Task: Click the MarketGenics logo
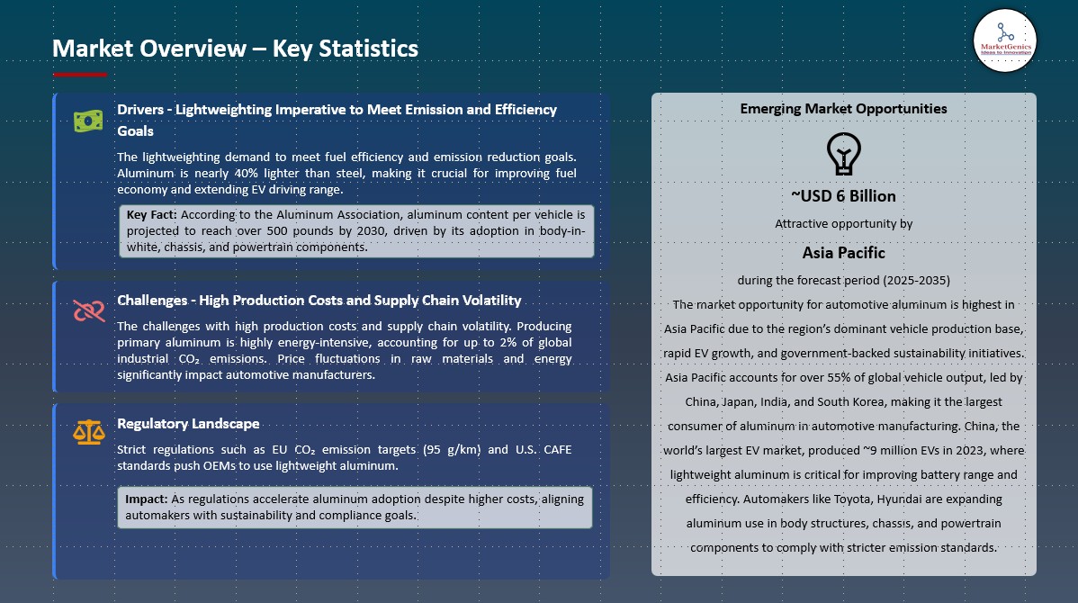pos(1004,40)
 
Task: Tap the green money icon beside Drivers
pos(88,121)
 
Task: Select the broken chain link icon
pos(89,310)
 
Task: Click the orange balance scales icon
pos(89,433)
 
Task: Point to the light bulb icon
pos(843,153)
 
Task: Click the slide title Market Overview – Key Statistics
pos(235,48)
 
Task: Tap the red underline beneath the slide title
pos(80,75)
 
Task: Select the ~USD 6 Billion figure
pos(843,196)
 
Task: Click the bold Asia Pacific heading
pos(843,252)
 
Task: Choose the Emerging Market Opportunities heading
pos(843,109)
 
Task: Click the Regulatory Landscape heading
pos(188,424)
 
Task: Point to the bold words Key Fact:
pos(151,214)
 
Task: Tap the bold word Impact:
pos(147,499)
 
